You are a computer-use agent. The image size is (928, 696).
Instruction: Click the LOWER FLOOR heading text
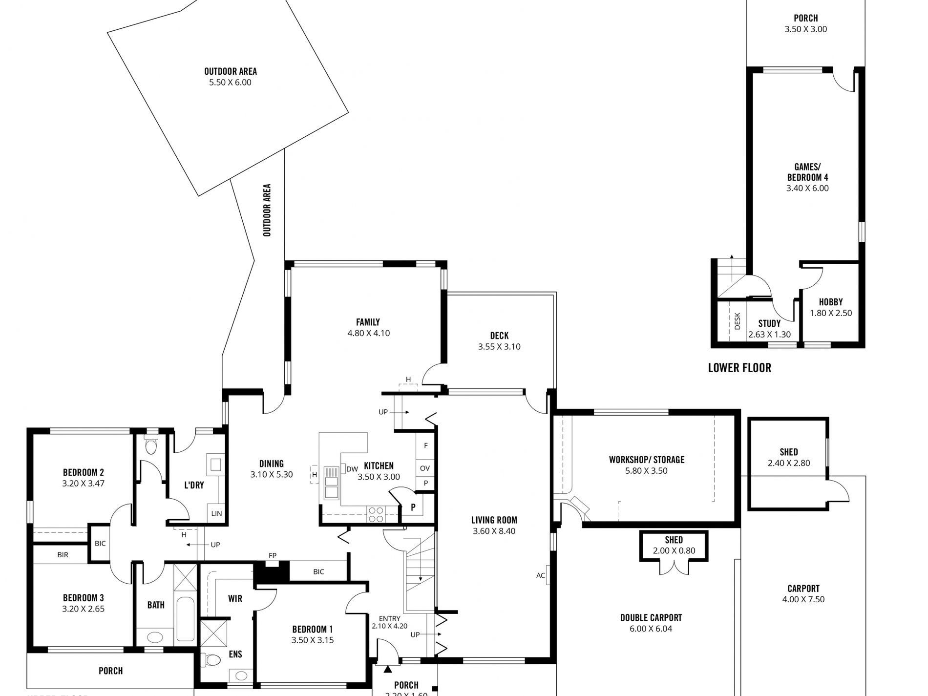[x=739, y=368]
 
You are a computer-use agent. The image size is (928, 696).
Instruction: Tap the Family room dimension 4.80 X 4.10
[x=368, y=333]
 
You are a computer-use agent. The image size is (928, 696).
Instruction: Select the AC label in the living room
[x=540, y=575]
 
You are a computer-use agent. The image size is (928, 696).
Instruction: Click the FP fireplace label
[x=273, y=555]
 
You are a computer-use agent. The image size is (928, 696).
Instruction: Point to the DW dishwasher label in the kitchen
[x=352, y=469]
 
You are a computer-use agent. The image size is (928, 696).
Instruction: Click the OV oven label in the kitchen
[x=424, y=468]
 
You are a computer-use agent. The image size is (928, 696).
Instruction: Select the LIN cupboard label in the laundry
[x=216, y=513]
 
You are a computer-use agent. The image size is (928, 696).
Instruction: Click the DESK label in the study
[x=737, y=321]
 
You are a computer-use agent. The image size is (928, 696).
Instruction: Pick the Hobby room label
[x=830, y=302]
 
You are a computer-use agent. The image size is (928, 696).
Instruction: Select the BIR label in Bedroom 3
[x=63, y=554]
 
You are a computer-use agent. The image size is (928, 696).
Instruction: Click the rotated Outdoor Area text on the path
[x=267, y=210]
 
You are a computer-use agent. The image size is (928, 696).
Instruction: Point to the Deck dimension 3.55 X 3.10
[x=499, y=346]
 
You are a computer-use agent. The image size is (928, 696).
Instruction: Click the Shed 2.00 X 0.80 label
[x=674, y=545]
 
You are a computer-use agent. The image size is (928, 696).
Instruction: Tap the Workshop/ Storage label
[x=646, y=460]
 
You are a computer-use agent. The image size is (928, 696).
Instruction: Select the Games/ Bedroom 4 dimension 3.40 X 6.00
[x=807, y=188]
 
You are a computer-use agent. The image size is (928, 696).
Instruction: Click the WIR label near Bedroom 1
[x=235, y=598]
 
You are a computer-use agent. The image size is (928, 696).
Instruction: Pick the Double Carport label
[x=651, y=617]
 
